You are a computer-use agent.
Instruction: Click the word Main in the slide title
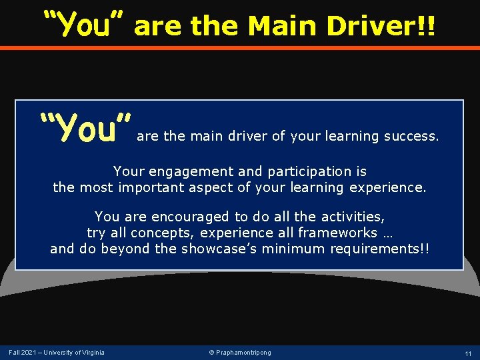tap(284, 27)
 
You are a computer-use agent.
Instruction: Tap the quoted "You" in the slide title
tap(85, 25)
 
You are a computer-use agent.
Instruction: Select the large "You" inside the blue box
tap(85, 129)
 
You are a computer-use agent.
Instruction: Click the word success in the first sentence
tap(411, 137)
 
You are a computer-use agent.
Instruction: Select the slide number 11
tap(469, 353)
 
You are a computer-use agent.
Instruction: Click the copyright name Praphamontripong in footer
tap(243, 352)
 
